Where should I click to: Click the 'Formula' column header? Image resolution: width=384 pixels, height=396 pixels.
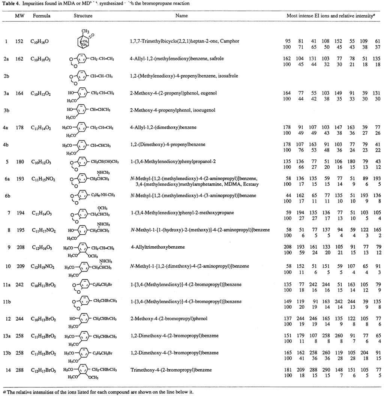tap(41, 16)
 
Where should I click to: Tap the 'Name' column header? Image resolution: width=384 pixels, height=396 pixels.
tap(181, 16)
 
